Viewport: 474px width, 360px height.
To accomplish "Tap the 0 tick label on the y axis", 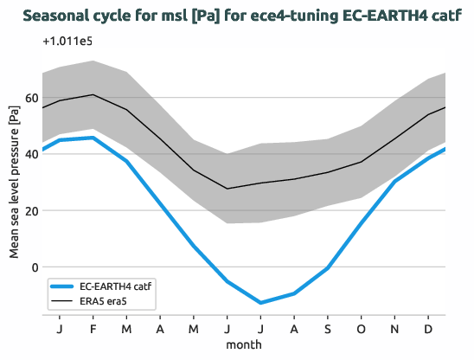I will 34,267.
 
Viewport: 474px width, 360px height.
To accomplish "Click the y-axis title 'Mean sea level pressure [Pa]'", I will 13,183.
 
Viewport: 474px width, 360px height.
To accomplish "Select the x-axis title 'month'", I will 244,344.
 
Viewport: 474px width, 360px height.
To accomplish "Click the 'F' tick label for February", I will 93,329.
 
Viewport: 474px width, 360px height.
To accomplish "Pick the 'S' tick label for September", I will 328,329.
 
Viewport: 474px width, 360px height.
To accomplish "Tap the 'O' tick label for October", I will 362,329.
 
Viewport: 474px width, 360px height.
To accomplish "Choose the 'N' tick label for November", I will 395,329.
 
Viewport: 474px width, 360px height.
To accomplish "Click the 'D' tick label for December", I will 429,329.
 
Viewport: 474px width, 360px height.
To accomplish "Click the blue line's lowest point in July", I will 260,303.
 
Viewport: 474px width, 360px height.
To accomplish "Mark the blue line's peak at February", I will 93,138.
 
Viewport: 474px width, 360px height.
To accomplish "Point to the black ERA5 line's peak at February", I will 93,95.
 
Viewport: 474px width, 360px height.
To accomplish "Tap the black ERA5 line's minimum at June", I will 227,189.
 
